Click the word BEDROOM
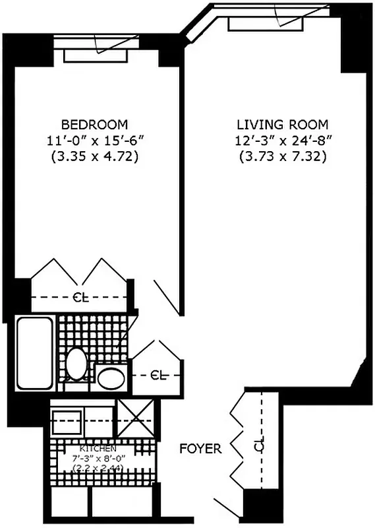click(x=94, y=124)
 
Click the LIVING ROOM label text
click(x=283, y=124)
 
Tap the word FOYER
click(x=200, y=449)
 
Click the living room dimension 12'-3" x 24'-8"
click(x=283, y=141)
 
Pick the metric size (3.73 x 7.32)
click(x=283, y=157)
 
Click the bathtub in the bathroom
click(x=34, y=353)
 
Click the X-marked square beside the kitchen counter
click(x=136, y=419)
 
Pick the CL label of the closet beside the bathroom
click(x=158, y=375)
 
